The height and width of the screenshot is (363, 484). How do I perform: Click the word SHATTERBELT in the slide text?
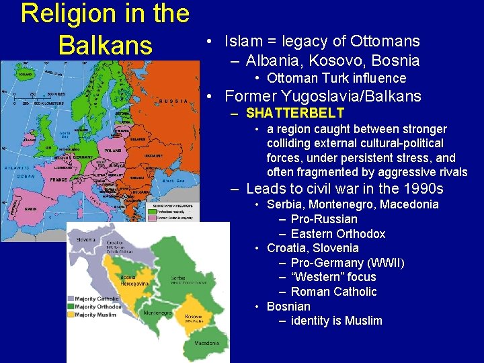[295, 113]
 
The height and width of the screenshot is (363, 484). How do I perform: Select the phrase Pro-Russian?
[324, 219]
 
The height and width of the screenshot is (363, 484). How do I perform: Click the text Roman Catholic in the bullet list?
[333, 292]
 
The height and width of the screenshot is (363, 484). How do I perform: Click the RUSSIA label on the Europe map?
[174, 101]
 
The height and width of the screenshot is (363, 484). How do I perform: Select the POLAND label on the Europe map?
[114, 151]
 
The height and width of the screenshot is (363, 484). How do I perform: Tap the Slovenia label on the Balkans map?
[86, 239]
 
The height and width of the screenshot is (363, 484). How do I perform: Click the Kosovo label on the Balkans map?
[193, 315]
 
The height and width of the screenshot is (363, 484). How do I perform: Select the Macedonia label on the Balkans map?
[206, 343]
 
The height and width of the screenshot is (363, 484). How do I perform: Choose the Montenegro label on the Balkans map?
[156, 313]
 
